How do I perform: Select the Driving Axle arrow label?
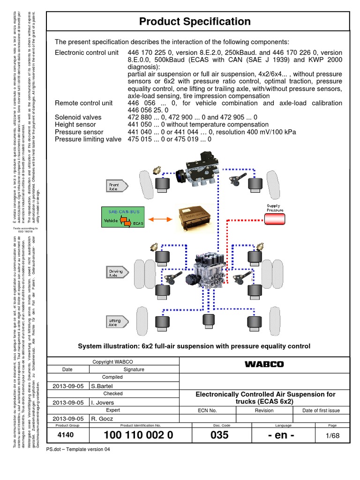[114, 274]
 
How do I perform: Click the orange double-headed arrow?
[161, 219]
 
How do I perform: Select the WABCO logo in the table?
[264, 364]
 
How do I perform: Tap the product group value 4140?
[65, 435]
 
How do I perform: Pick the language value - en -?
[280, 435]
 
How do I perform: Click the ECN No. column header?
[208, 410]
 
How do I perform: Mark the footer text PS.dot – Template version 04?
[78, 449]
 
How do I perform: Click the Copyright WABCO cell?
[112, 361]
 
